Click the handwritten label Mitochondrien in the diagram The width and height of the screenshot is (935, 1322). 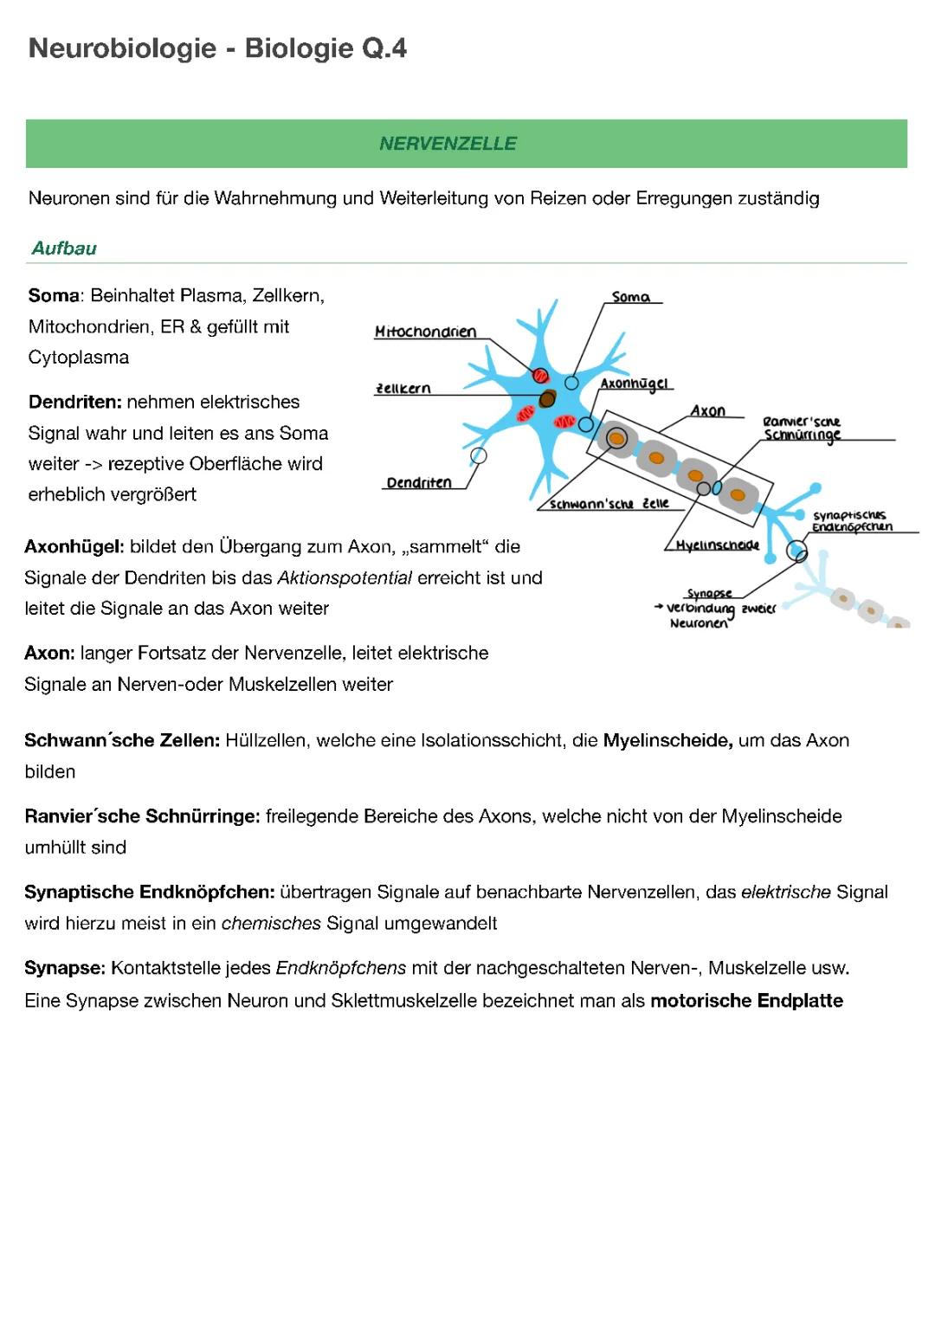pos(425,332)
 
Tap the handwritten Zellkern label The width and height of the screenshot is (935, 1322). pos(403,389)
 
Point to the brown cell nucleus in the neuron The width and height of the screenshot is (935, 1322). pos(547,398)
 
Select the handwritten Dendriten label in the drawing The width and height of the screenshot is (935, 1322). pos(419,482)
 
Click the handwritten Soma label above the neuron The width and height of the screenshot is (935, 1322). pos(630,297)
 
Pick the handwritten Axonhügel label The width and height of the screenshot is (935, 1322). pos(634,384)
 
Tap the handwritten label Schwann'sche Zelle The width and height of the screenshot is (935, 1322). pos(609,504)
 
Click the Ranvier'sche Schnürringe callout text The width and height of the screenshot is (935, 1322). pos(802,428)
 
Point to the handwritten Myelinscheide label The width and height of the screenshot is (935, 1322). pos(717,545)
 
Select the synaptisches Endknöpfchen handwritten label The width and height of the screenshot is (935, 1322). pos(852,521)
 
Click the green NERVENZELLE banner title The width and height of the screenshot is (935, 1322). pos(448,144)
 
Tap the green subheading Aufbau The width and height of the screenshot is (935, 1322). pos(64,248)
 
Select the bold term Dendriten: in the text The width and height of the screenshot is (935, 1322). pos(74,402)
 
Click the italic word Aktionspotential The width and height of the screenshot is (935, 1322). pos(344,577)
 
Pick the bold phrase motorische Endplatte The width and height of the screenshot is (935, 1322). pos(746,1001)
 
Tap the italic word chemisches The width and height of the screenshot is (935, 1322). pos(271,923)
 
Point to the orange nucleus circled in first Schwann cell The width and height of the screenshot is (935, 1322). pos(616,439)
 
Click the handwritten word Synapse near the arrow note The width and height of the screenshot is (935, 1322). pos(709,594)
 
